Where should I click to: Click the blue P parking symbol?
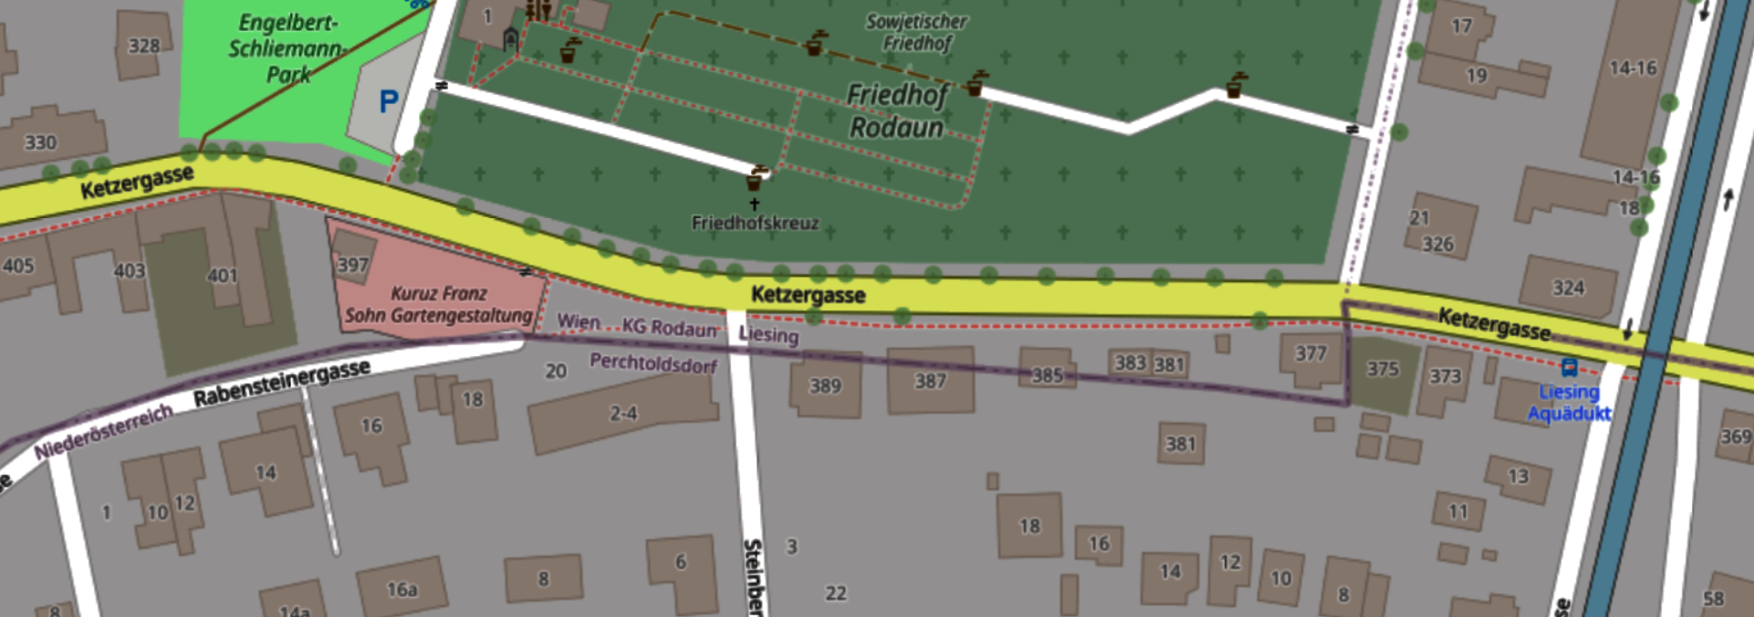[389, 101]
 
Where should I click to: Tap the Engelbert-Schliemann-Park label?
[287, 48]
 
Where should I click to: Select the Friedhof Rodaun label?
[896, 110]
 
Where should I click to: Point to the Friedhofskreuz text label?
[755, 223]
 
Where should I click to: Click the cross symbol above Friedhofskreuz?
[755, 204]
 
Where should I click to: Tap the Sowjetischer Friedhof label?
[916, 32]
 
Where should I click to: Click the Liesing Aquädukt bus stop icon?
[1569, 368]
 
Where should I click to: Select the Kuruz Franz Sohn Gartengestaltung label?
[438, 305]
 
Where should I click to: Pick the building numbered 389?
[825, 386]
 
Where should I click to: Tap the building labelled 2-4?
[623, 413]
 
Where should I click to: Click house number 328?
[144, 45]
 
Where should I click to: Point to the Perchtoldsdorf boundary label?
[653, 363]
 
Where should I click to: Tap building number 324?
[1569, 288]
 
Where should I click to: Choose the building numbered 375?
[1382, 369]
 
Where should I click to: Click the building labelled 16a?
[402, 590]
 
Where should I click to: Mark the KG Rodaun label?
[670, 328]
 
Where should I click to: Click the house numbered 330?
[40, 142]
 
